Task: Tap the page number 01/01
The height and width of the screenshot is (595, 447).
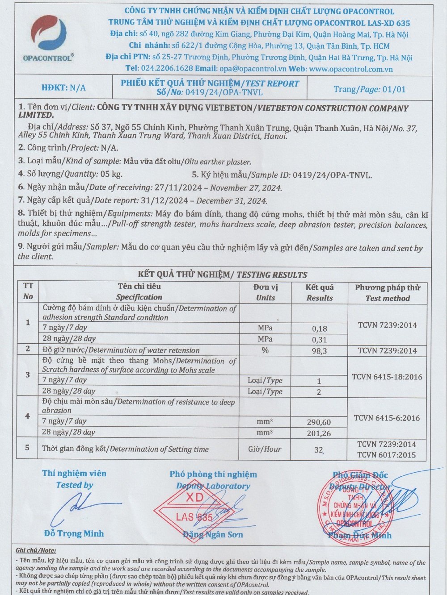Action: (x=394, y=89)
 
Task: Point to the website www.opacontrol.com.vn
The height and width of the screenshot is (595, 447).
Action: (x=351, y=69)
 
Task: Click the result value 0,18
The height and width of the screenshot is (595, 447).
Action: (x=319, y=329)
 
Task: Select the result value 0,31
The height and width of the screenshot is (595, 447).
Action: (x=319, y=340)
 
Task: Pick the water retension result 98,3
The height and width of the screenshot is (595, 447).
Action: (x=319, y=351)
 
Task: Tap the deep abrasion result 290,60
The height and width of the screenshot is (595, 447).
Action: (x=319, y=422)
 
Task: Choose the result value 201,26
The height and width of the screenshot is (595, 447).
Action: (x=319, y=433)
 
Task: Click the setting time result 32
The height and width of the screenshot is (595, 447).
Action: (x=318, y=450)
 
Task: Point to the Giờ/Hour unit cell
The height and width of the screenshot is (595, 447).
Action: (x=265, y=449)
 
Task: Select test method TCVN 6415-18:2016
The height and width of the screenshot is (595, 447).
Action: (x=387, y=377)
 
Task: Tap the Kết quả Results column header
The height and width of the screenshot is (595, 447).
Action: (x=320, y=292)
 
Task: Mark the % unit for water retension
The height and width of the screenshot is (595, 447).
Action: (x=265, y=350)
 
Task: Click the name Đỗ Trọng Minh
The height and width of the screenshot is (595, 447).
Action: (x=74, y=533)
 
